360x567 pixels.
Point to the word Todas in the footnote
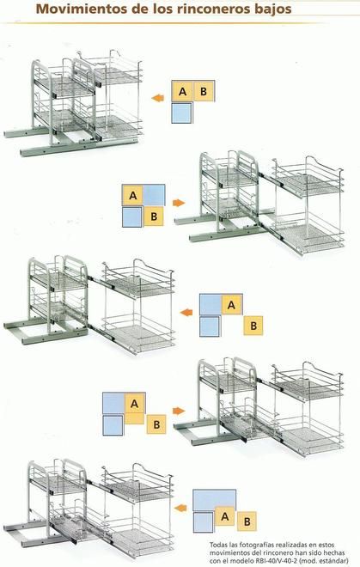pyautogui.click(x=218, y=544)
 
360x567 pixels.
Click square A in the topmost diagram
pyautogui.click(x=182, y=91)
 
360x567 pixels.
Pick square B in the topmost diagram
pyautogui.click(x=204, y=91)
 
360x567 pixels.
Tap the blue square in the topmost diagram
pyautogui.click(x=181, y=113)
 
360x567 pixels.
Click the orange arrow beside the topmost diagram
pyautogui.click(x=158, y=98)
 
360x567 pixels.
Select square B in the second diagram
pyautogui.click(x=154, y=216)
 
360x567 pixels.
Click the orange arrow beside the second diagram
pyautogui.click(x=179, y=203)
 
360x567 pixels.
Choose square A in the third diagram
pyautogui.click(x=232, y=304)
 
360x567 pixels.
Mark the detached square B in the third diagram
pyautogui.click(x=253, y=326)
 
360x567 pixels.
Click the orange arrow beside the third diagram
pyautogui.click(x=186, y=313)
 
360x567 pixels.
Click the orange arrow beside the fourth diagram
pyautogui.click(x=179, y=411)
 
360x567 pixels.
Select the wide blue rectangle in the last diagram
pyautogui.click(x=214, y=501)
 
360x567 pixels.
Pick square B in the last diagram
pyautogui.click(x=247, y=521)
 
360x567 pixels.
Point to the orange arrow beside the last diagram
pyautogui.click(x=180, y=508)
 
